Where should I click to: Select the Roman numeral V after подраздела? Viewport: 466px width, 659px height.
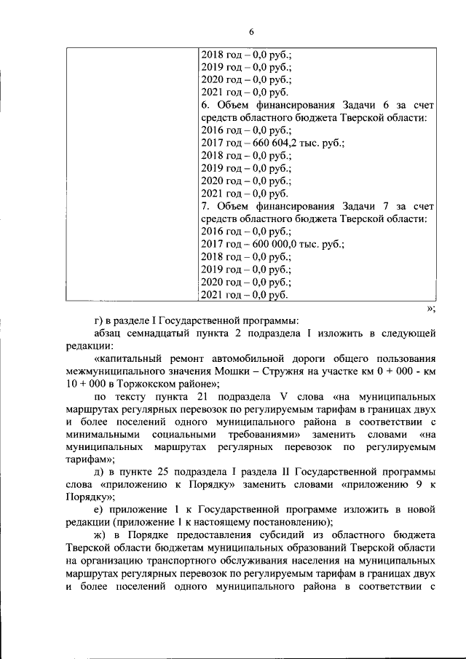pos(283,396)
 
